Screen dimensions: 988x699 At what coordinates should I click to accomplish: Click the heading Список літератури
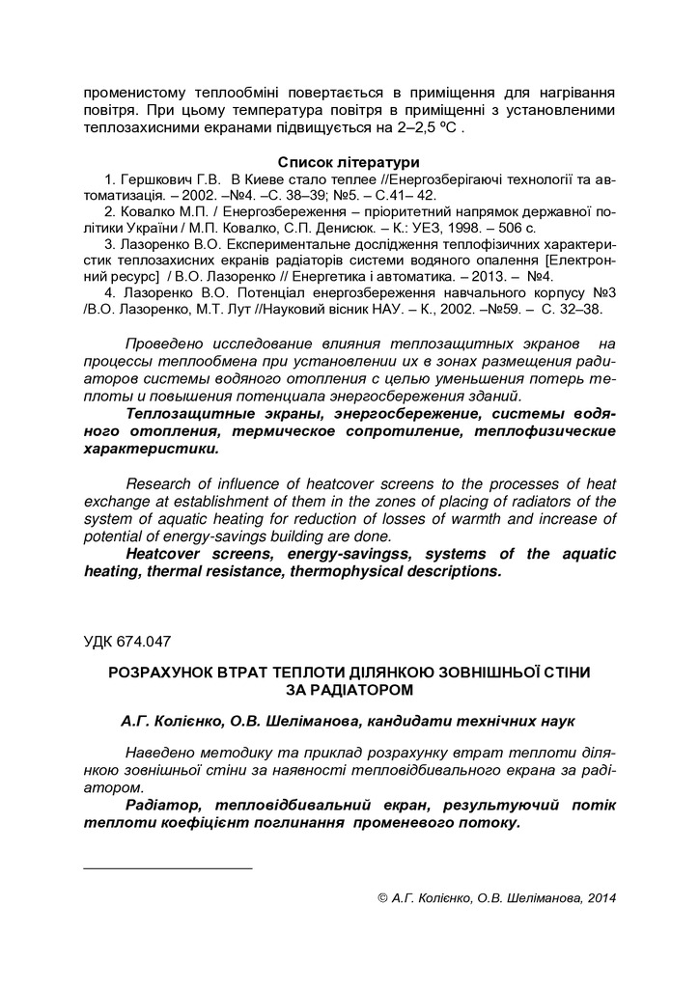[349, 162]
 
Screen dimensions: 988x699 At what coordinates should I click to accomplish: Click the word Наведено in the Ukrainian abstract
[166, 754]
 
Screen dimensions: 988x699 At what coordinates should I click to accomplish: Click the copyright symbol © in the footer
[382, 897]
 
